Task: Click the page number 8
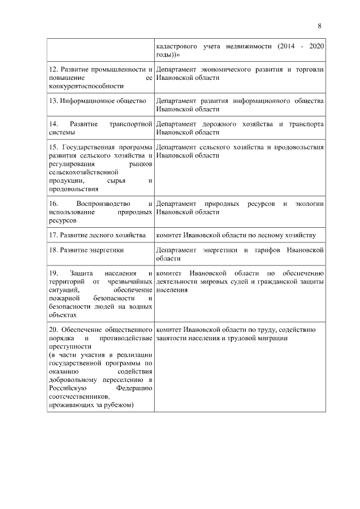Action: pyautogui.click(x=319, y=26)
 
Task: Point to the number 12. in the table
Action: pyautogui.click(x=53, y=70)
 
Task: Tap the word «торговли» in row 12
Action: pyautogui.click(x=309, y=70)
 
